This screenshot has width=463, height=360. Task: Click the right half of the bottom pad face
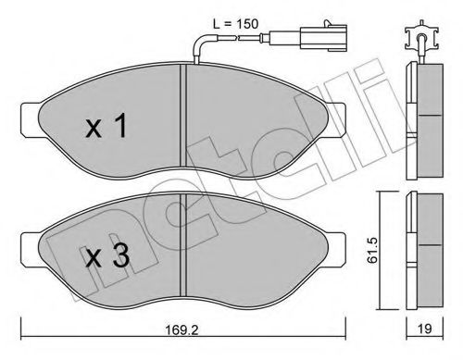(x=259, y=259)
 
